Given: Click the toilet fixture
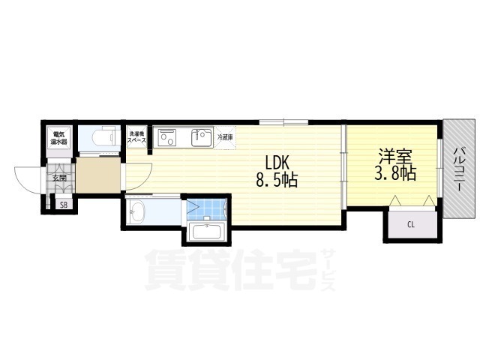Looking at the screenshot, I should [103, 138].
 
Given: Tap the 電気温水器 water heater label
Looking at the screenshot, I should [59, 139].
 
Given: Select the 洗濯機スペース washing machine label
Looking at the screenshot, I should [136, 137].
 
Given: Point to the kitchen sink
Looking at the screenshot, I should [200, 138].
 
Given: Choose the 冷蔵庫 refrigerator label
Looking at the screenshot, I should [225, 138].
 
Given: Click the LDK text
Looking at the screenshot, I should [276, 162].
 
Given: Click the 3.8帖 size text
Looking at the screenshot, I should [396, 175].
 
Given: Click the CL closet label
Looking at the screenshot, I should [410, 224].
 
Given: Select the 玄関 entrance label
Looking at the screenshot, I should [59, 178].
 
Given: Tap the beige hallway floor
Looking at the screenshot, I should [97, 176].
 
